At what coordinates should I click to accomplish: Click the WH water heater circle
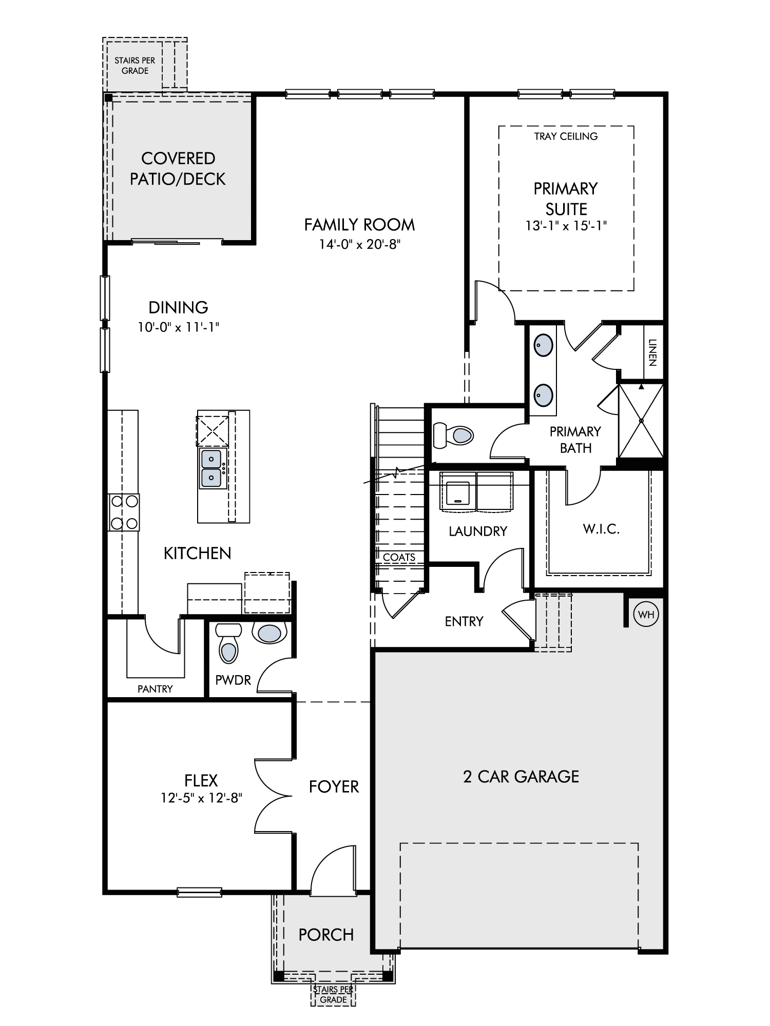click(x=646, y=614)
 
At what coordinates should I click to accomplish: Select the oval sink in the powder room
click(x=269, y=633)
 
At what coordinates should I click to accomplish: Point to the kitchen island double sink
click(x=211, y=468)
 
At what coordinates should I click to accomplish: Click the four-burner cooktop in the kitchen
click(x=124, y=512)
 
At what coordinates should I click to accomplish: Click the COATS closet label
click(x=399, y=557)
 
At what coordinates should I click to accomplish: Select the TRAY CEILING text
click(x=566, y=136)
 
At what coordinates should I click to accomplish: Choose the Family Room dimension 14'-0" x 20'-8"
click(x=359, y=245)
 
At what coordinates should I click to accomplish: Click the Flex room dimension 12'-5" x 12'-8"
click(x=201, y=798)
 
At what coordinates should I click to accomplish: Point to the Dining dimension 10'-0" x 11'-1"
click(x=178, y=327)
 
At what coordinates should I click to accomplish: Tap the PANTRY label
click(x=155, y=689)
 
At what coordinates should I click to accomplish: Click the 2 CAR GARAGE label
click(x=521, y=777)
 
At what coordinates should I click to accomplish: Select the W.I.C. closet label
click(x=601, y=529)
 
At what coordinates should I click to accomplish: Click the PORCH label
click(x=326, y=935)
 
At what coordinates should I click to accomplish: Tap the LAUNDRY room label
click(x=478, y=531)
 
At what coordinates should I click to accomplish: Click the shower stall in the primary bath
click(x=641, y=420)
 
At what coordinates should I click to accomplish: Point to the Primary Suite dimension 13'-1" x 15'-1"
click(x=566, y=226)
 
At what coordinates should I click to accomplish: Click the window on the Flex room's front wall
click(x=200, y=892)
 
